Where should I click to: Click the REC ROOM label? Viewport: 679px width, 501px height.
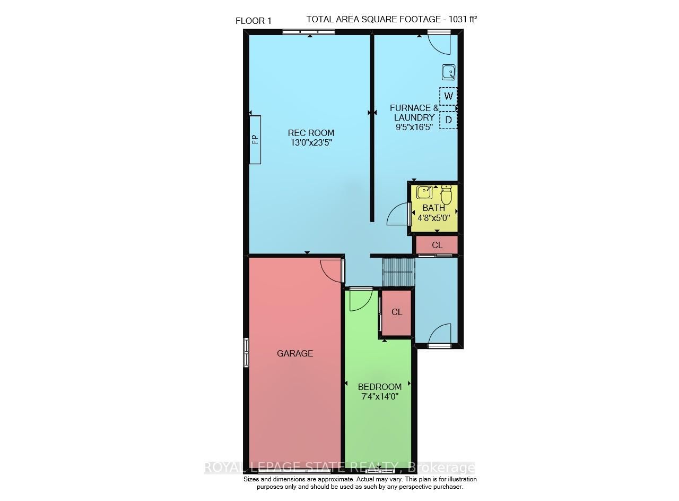(311, 133)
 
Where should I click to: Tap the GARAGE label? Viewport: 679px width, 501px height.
(295, 353)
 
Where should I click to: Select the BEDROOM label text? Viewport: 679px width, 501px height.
(379, 387)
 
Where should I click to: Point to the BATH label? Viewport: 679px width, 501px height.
(433, 208)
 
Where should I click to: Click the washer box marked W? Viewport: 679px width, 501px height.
(448, 96)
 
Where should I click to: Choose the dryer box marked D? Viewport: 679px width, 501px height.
(448, 120)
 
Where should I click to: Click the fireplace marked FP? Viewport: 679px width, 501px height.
(255, 140)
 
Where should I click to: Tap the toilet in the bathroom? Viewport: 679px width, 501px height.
(446, 195)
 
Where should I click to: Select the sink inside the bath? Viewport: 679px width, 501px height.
(424, 192)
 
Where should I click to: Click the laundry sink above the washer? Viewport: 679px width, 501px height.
(448, 72)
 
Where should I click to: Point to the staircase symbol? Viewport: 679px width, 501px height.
(398, 272)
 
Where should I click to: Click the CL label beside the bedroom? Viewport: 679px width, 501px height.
(397, 312)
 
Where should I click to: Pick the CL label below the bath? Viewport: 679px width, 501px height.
(437, 245)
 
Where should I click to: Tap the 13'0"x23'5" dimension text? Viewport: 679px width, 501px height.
(311, 142)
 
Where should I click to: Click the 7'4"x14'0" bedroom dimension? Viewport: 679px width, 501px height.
(379, 396)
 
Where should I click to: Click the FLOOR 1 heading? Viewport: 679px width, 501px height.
(254, 21)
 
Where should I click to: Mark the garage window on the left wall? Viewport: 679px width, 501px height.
(246, 352)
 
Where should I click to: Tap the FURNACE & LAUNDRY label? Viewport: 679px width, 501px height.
(414, 113)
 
